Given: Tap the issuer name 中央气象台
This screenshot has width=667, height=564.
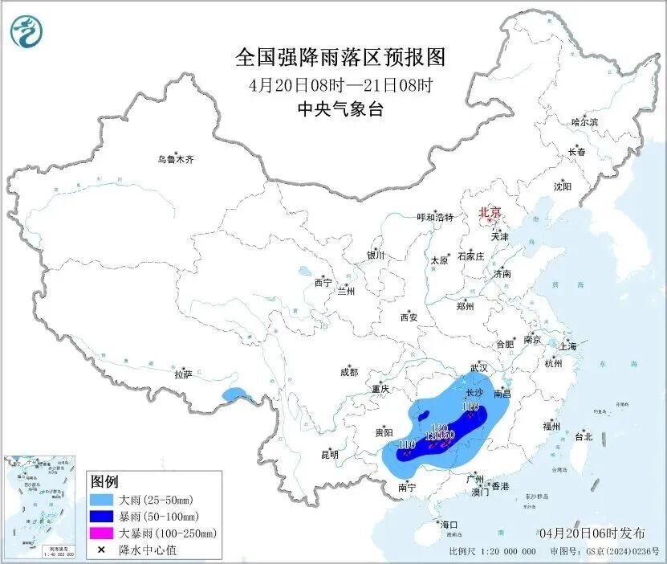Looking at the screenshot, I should (340, 110).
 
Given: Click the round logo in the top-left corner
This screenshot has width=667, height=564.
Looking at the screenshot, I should (26, 31).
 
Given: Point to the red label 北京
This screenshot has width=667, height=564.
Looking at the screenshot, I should (490, 212).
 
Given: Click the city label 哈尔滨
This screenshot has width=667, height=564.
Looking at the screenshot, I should (584, 122).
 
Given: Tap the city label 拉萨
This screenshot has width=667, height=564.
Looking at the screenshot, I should (184, 374).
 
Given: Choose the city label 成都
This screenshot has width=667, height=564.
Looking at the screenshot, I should (349, 372).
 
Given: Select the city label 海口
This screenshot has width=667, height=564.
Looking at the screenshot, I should (450, 525).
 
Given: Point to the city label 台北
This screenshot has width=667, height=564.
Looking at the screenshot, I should (584, 437).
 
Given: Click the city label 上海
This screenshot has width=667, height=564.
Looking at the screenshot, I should (568, 346).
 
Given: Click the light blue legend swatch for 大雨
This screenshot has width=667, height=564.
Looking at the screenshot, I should (100, 500).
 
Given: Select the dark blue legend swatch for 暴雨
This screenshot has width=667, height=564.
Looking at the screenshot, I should (100, 516).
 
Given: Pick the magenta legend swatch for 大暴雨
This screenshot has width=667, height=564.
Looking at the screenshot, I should (100, 533).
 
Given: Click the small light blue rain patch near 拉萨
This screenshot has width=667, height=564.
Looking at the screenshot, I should (236, 394).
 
